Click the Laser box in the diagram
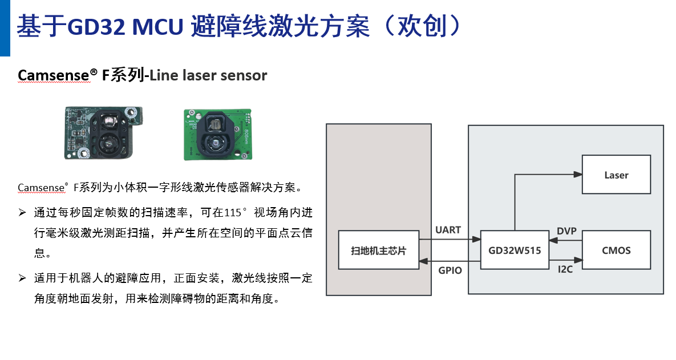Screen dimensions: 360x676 click(x=616, y=175)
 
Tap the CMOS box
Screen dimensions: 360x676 click(x=616, y=250)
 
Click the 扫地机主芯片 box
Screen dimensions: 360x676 click(x=378, y=250)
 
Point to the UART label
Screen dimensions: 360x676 click(x=448, y=230)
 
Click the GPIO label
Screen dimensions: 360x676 click(x=450, y=270)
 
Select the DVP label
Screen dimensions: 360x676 click(x=566, y=231)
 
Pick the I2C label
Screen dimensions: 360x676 click(x=565, y=269)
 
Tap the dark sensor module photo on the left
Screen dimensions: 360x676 click(x=102, y=133)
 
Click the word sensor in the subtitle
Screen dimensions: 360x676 click(x=246, y=75)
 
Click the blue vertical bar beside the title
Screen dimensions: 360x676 click(x=5, y=28)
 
